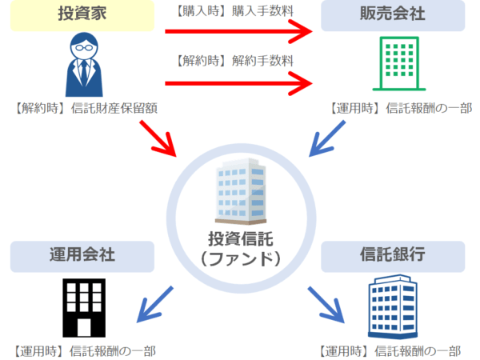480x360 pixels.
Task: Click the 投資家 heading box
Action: [82, 16]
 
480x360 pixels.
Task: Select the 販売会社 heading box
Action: [393, 16]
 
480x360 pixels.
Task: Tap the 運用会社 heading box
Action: [82, 256]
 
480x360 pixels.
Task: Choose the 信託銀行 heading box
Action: [393, 256]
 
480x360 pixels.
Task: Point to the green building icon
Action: [394, 64]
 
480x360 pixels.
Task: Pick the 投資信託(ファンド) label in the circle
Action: [240, 249]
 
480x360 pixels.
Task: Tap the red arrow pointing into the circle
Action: [158, 137]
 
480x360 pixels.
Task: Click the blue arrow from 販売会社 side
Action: [325, 137]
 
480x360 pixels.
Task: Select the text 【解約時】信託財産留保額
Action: [84, 108]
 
